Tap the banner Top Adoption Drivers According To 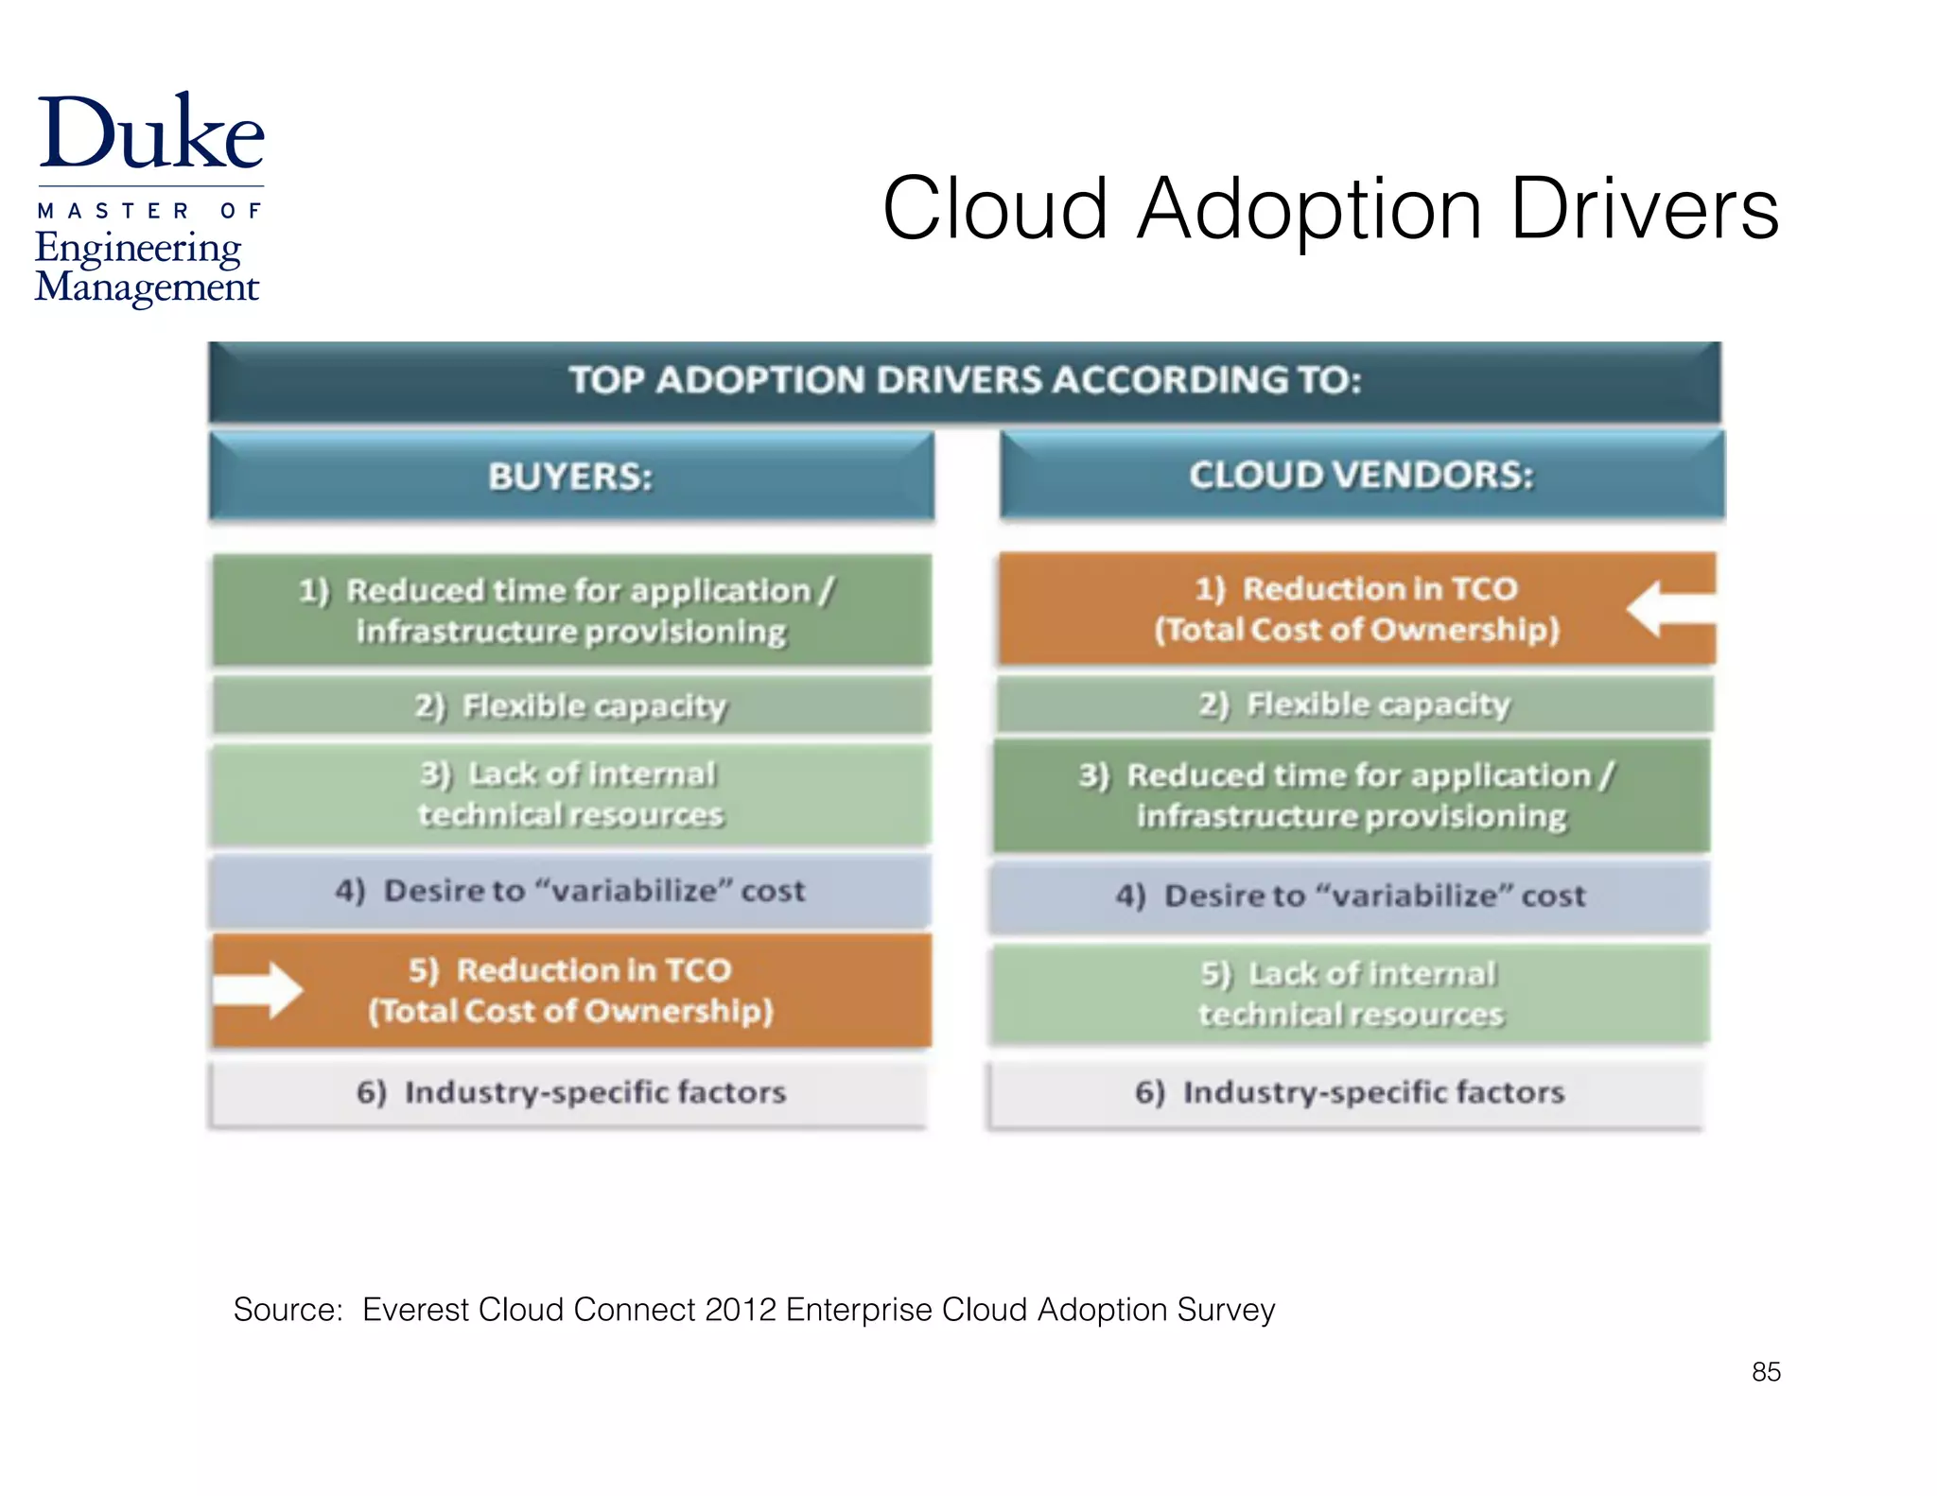[x=965, y=381]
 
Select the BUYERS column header [x=571, y=476]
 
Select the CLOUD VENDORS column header [x=1362, y=475]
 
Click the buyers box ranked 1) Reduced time [x=571, y=610]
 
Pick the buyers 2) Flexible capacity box [x=571, y=705]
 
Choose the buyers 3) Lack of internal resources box [x=571, y=794]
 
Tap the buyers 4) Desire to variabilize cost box [x=571, y=891]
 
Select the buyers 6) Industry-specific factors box [x=571, y=1092]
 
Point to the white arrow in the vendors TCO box [x=1670, y=609]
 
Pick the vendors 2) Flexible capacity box [x=1354, y=705]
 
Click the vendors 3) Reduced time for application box [x=1352, y=795]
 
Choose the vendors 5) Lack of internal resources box [x=1351, y=994]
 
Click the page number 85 [x=1766, y=1371]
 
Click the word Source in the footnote [x=288, y=1310]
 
